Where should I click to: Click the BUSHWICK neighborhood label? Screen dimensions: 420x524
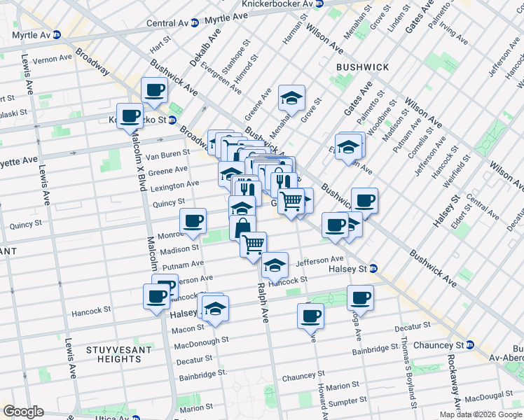362,66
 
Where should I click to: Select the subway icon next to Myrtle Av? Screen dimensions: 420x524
58,34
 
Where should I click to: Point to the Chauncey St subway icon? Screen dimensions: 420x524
470,345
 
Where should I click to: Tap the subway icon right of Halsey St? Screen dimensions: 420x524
374,269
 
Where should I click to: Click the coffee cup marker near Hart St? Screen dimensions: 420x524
154,90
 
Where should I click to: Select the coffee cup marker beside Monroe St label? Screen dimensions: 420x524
193,222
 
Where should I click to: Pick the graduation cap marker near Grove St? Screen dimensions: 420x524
291,99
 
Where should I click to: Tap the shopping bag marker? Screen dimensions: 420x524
242,227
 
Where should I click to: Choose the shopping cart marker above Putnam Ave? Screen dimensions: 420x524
253,245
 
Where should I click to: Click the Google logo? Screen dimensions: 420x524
23,412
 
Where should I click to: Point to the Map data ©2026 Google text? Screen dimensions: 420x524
481,414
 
